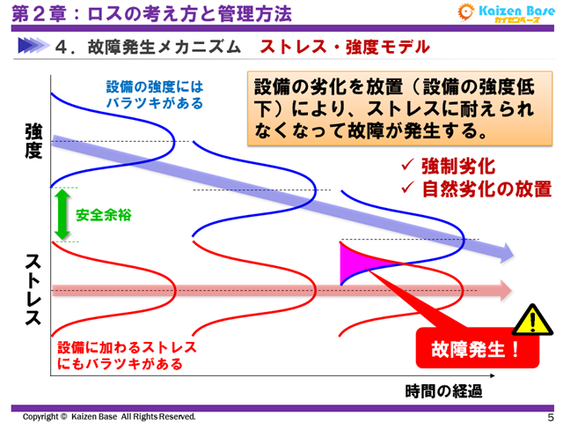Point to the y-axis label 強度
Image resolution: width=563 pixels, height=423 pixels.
tap(33, 141)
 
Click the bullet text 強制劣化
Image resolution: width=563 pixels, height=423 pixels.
tap(458, 166)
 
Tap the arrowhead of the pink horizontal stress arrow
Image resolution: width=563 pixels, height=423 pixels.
tap(504, 289)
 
